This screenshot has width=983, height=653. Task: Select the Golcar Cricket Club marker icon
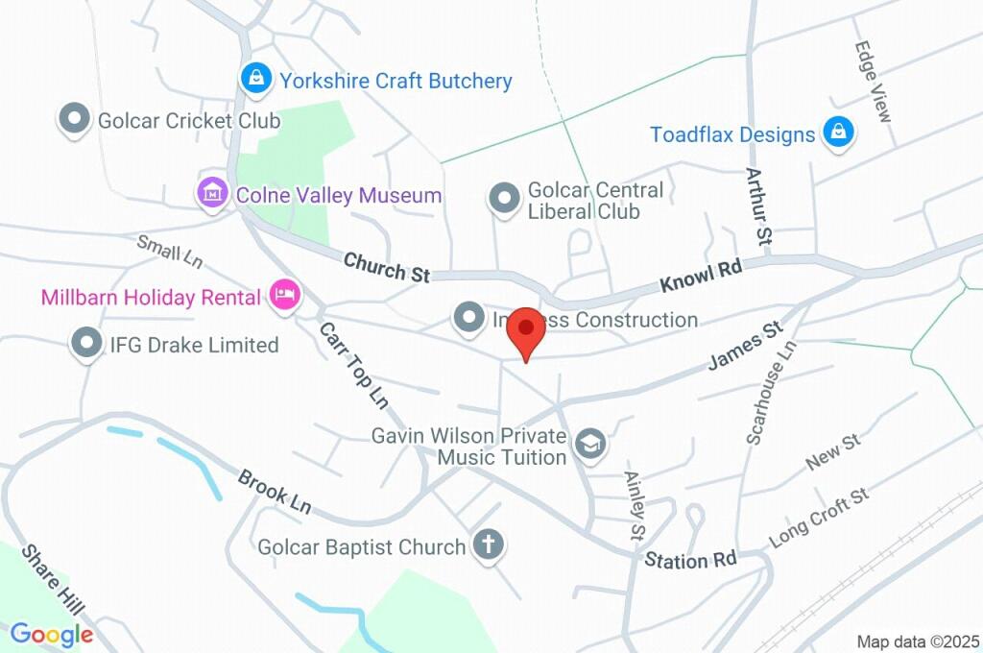[x=74, y=121]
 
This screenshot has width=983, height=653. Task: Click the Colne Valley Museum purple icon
[x=211, y=195]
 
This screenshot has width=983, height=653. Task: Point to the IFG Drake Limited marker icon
[x=87, y=344]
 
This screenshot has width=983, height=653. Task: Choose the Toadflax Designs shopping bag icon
[x=838, y=134]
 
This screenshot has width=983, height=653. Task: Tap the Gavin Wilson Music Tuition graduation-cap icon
[x=589, y=444]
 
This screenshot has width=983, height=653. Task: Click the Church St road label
[x=386, y=267]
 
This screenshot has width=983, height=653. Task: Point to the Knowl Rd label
[x=701, y=278]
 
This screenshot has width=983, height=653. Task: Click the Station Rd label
[x=690, y=560]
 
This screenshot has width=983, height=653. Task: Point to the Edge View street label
[x=873, y=82]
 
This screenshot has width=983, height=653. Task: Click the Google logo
[x=52, y=635]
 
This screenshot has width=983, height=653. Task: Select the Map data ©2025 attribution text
[x=918, y=641]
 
